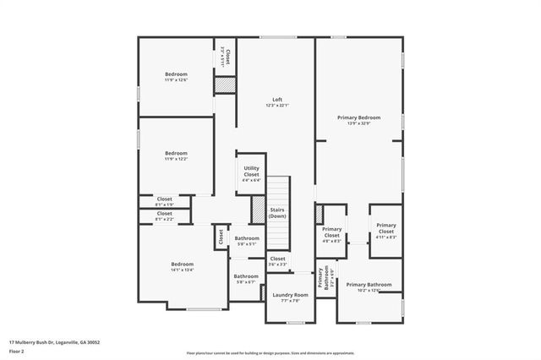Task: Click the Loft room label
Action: [x=277, y=102]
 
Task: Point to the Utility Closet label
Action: [x=251, y=173]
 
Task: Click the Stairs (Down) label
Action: [x=277, y=213]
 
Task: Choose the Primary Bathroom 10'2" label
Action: [x=369, y=287]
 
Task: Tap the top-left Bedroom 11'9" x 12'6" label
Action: [x=176, y=77]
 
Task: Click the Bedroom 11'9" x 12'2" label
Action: [x=176, y=155]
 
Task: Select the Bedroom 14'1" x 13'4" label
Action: [x=182, y=267]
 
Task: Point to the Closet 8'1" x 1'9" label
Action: [x=164, y=202]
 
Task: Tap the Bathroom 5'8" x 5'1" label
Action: [x=247, y=241]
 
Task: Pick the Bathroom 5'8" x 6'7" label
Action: [x=246, y=279]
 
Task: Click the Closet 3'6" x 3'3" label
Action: [x=277, y=261]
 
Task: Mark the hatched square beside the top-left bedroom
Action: [x=224, y=85]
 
